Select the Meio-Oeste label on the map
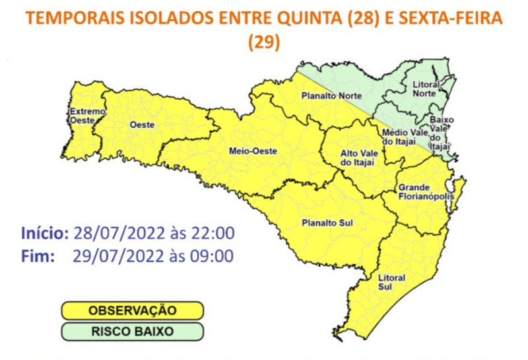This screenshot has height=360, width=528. point(253,151)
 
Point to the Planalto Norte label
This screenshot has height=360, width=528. point(331,96)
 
